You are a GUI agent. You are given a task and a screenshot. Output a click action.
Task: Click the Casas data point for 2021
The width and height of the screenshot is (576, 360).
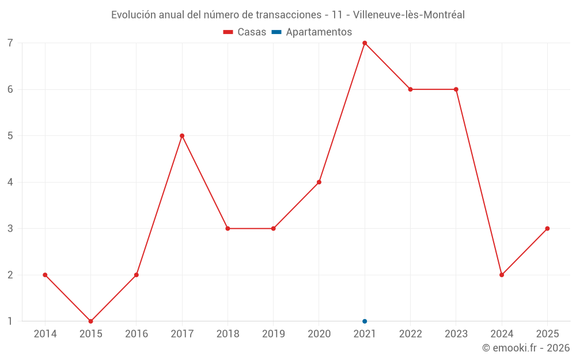(365, 43)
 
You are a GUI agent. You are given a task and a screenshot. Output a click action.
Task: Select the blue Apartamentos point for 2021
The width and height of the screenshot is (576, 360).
(365, 321)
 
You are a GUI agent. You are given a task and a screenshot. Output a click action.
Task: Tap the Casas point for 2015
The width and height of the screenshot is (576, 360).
(90, 321)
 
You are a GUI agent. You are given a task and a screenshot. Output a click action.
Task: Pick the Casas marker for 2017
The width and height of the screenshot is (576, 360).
(182, 136)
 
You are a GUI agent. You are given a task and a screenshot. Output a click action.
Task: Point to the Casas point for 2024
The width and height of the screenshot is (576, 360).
(502, 275)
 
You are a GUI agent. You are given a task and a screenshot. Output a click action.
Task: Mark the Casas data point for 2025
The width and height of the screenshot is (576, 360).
(547, 229)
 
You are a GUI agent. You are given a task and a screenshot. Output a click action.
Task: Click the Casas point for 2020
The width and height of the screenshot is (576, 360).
(319, 182)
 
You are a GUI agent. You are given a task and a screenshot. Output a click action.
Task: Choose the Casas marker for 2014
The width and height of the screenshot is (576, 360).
(45, 275)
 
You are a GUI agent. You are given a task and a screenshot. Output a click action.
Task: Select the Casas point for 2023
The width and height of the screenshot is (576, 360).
(456, 89)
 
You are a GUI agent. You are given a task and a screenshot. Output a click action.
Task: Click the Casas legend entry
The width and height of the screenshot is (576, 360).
(245, 32)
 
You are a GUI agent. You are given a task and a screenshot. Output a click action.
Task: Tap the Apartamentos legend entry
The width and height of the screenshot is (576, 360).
(312, 32)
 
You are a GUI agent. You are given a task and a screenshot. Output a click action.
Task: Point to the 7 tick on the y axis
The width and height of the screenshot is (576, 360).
(10, 43)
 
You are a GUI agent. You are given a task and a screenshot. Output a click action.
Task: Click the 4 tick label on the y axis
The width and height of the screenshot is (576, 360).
(10, 182)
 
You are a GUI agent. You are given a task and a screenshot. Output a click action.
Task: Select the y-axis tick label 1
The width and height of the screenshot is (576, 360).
(10, 321)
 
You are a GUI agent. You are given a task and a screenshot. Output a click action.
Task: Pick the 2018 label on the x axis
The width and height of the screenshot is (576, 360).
(228, 334)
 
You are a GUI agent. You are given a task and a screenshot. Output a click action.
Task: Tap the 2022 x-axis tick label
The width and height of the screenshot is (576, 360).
(410, 334)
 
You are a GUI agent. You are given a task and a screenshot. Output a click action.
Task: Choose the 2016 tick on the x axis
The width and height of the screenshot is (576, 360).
(137, 334)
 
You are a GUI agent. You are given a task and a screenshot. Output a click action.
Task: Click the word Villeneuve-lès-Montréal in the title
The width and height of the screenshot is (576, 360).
(408, 15)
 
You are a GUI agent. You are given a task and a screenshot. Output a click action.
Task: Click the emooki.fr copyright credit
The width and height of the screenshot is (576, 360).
(526, 348)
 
